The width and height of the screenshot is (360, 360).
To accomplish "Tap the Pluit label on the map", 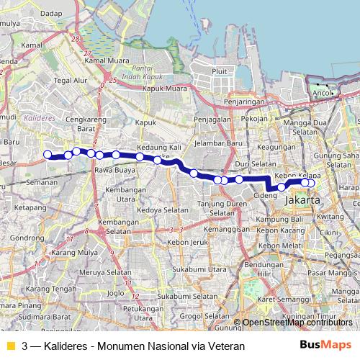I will (x=220, y=71).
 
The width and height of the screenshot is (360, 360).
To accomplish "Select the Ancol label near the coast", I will (x=322, y=93).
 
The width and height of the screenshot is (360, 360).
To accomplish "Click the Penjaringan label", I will (x=240, y=103).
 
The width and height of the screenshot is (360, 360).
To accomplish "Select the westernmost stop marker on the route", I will (x=48, y=154).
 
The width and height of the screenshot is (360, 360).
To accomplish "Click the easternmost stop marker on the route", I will (x=311, y=182).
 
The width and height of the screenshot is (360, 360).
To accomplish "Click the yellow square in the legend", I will (x=9, y=346).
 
